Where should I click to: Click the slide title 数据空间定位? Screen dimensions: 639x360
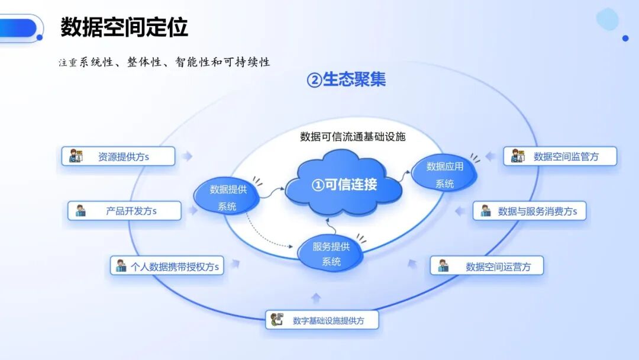click(x=124, y=27)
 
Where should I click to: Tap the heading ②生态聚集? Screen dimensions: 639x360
click(x=346, y=79)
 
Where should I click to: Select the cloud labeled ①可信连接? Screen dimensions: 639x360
click(x=344, y=184)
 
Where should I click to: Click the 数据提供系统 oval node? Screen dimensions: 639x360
click(x=227, y=197)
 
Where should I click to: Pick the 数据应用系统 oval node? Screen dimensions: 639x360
click(x=444, y=174)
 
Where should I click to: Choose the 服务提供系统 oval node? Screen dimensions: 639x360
click(x=331, y=253)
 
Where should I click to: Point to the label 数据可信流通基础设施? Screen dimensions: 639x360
click(x=353, y=137)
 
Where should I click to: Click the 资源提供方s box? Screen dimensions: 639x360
click(x=118, y=156)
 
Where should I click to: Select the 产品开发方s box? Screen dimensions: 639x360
click(x=124, y=211)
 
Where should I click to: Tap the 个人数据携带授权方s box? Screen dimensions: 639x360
click(x=167, y=266)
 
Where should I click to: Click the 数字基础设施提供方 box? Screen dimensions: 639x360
click(x=322, y=320)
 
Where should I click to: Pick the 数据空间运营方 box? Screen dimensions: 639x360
click(x=487, y=266)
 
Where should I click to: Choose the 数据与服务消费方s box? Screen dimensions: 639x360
click(x=530, y=211)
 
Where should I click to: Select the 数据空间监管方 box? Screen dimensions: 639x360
click(x=560, y=156)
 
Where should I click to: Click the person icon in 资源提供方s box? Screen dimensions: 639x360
click(x=75, y=156)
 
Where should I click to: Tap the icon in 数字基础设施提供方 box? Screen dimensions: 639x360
click(x=277, y=319)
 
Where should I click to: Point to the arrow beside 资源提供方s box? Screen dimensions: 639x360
click(x=187, y=156)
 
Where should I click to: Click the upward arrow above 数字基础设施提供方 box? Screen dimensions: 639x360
click(x=316, y=298)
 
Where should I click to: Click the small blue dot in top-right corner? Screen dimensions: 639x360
click(x=625, y=38)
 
